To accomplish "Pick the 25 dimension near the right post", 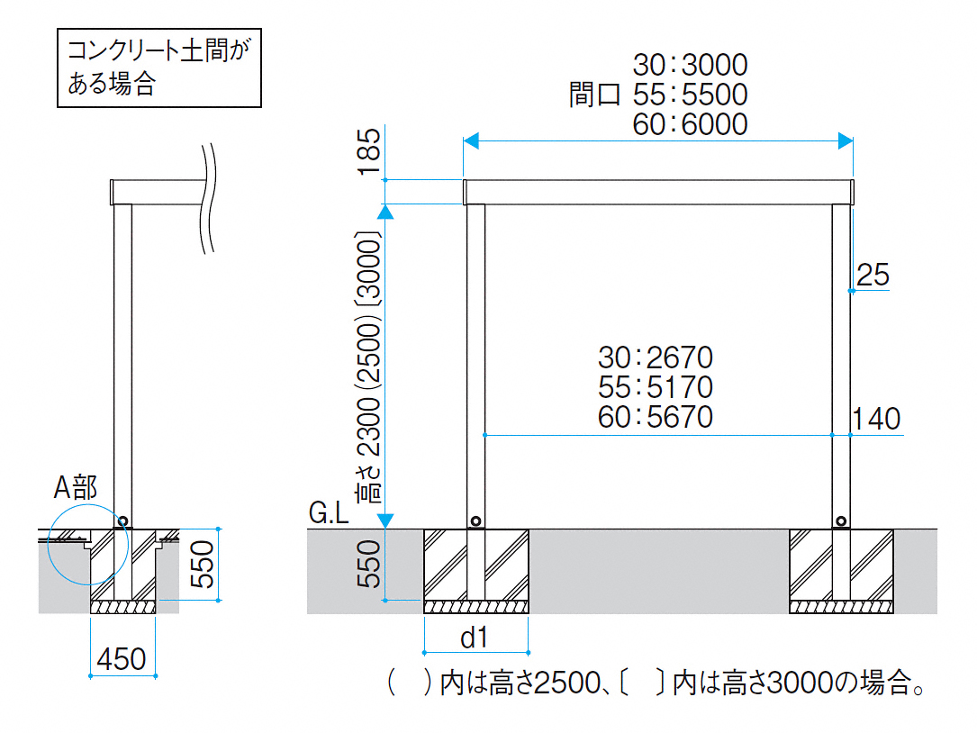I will (873, 275).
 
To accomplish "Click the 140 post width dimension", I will (876, 419).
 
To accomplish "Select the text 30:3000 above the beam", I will (690, 65).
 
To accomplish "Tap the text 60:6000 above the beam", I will (690, 124).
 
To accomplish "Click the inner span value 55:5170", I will (655, 387).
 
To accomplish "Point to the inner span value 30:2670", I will (655, 357).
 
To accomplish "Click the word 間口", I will (594, 95).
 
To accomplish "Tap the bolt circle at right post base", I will (840, 520).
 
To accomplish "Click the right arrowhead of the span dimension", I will (845, 140).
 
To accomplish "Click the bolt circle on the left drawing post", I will (122, 520).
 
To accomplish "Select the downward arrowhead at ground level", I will (385, 520).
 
